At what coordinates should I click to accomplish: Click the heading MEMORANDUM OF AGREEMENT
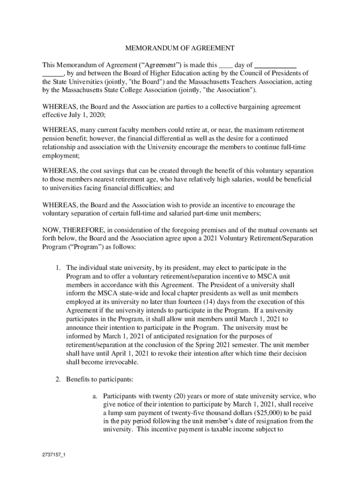(180, 48)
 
